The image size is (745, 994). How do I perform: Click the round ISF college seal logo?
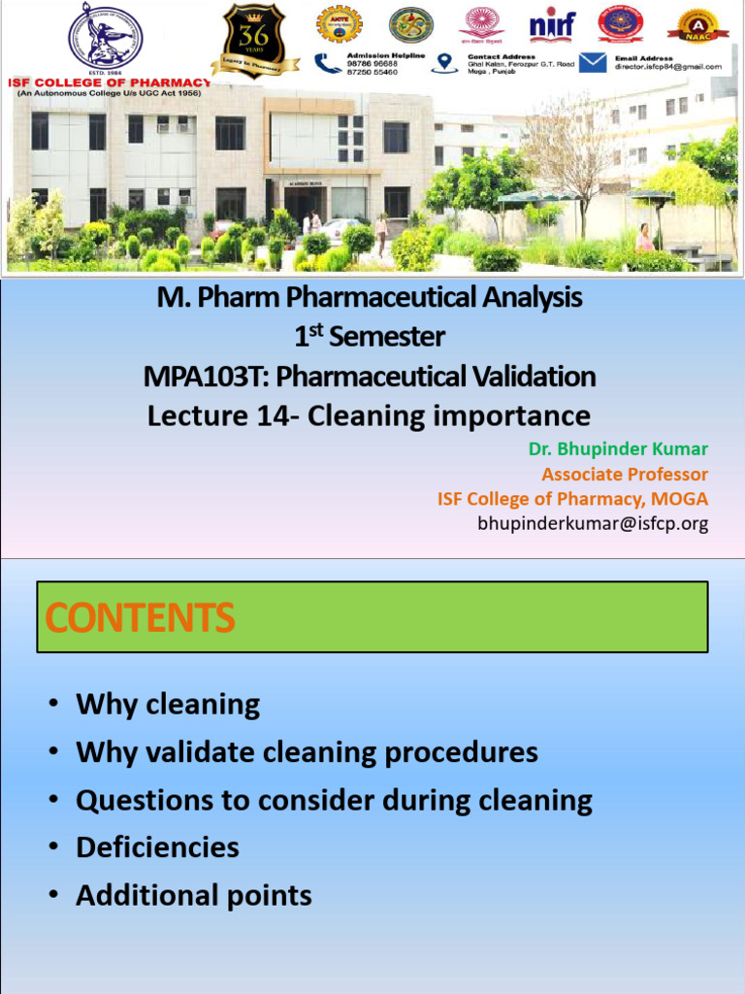(x=105, y=37)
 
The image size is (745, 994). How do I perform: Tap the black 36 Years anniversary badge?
(x=254, y=40)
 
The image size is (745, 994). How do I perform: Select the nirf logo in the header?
(x=552, y=25)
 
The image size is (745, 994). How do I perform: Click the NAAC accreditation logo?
(x=696, y=26)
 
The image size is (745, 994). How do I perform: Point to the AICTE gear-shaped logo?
(x=339, y=24)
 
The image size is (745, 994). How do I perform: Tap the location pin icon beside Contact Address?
(x=445, y=63)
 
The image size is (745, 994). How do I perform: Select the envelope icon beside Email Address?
(x=594, y=63)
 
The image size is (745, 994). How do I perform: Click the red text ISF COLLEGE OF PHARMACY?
(x=109, y=83)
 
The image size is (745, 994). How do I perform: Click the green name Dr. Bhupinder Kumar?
(x=618, y=449)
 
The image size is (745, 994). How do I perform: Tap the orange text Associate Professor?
(x=625, y=475)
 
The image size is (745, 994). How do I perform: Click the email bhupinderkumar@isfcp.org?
(x=593, y=524)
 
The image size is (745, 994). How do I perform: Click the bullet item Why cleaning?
(x=168, y=705)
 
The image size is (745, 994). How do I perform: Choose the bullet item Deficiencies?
(x=157, y=847)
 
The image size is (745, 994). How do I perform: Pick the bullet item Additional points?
(x=194, y=895)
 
